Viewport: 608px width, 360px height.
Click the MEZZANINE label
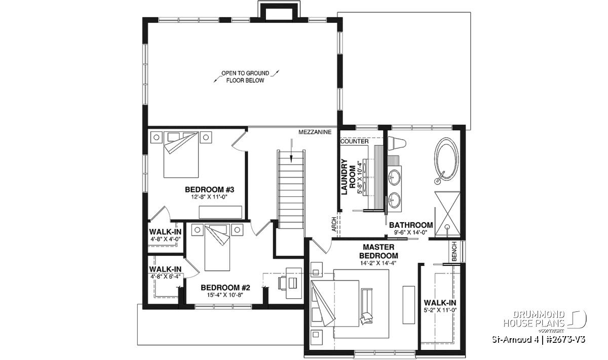click(x=315, y=132)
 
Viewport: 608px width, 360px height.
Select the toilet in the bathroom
click(x=397, y=143)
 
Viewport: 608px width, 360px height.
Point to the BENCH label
click(x=454, y=252)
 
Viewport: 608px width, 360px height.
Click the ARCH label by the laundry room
click(x=334, y=224)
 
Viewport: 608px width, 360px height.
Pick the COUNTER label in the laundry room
click(x=355, y=142)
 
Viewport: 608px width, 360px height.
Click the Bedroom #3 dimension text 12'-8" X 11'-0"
click(x=209, y=197)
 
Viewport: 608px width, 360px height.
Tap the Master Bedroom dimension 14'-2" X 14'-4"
click(x=378, y=263)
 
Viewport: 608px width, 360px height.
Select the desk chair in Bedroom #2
click(x=283, y=283)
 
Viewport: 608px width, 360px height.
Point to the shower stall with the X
click(x=447, y=214)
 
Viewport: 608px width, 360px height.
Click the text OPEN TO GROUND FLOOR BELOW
click(x=245, y=77)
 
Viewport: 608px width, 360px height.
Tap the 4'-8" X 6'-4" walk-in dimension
click(x=165, y=276)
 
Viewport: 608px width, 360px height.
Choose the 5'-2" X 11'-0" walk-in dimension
click(x=440, y=310)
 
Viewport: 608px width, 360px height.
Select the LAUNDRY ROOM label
click(x=349, y=177)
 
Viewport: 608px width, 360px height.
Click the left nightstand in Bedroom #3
click(x=157, y=137)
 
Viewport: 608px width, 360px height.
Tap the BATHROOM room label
click(x=411, y=225)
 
